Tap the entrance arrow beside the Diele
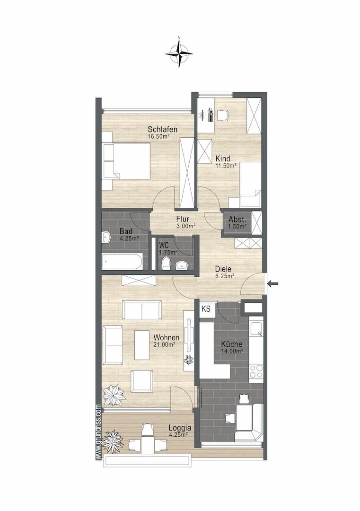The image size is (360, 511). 272,284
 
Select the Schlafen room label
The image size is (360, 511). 163,129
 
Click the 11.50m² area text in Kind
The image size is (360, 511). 226,166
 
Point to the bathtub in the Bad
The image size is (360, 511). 122,262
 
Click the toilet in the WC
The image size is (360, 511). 166,264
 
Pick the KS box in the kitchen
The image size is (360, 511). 206,308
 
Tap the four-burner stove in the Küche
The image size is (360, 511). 256,371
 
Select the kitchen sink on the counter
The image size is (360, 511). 256,329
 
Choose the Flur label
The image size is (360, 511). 183,219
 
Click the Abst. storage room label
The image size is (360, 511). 237,220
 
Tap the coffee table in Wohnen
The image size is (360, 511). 142,345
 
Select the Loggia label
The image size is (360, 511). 180,428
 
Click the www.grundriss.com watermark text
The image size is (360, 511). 98,432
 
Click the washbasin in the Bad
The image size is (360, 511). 106,238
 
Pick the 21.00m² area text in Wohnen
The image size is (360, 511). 165,344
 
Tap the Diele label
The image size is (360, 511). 223,269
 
